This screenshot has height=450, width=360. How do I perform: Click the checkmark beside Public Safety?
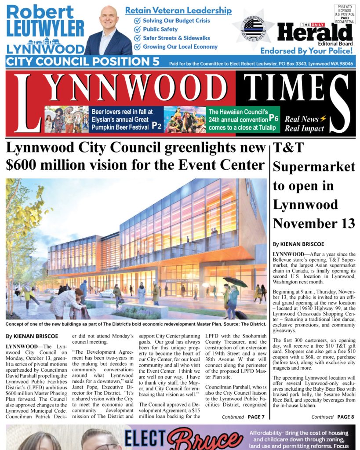(137, 29)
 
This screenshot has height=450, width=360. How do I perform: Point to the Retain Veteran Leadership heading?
(178, 11)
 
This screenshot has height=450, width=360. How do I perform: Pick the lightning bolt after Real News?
(323, 119)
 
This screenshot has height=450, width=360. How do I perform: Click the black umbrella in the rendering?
(235, 282)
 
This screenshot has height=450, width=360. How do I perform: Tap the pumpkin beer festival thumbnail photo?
(66, 120)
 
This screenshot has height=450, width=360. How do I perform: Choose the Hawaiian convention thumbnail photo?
(185, 120)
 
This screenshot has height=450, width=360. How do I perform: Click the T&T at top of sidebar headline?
(288, 148)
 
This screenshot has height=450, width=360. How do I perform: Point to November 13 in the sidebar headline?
(314, 223)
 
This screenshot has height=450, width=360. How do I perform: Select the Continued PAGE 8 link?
(332, 417)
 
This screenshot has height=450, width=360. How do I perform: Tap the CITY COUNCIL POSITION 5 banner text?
(83, 62)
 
